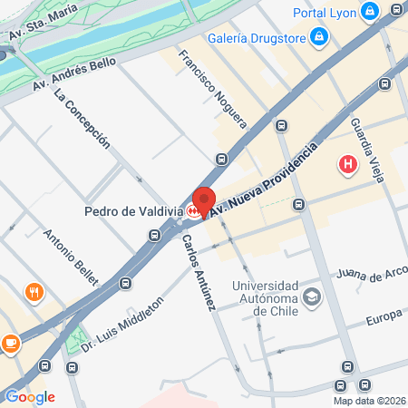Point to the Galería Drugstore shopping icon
[319, 36]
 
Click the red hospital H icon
[346, 165]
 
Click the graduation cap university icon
[312, 296]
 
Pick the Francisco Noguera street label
[212, 87]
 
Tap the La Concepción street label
[83, 118]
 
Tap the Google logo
[30, 396]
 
